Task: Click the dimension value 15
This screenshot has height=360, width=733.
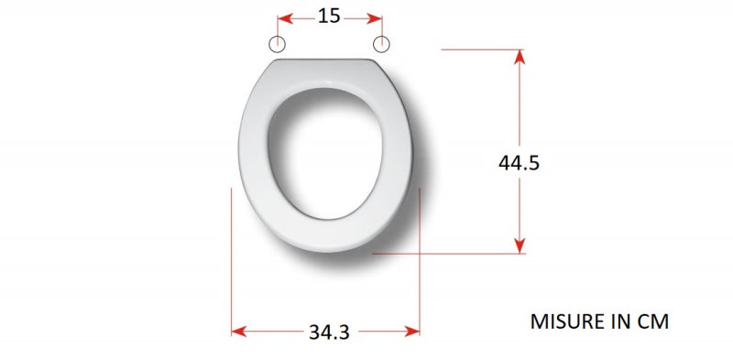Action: pos(329,16)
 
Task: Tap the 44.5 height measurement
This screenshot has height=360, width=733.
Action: pos(519,163)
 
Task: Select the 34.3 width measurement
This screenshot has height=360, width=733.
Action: pos(329,333)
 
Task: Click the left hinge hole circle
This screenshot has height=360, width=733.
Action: pos(278,44)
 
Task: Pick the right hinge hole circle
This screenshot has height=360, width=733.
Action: pos(381,44)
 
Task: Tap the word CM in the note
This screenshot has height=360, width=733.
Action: pos(652,322)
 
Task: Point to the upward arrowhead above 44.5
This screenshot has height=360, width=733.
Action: pos(520,57)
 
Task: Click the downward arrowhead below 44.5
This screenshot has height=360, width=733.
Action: pos(520,245)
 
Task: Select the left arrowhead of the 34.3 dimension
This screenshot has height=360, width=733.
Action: pos(239,332)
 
